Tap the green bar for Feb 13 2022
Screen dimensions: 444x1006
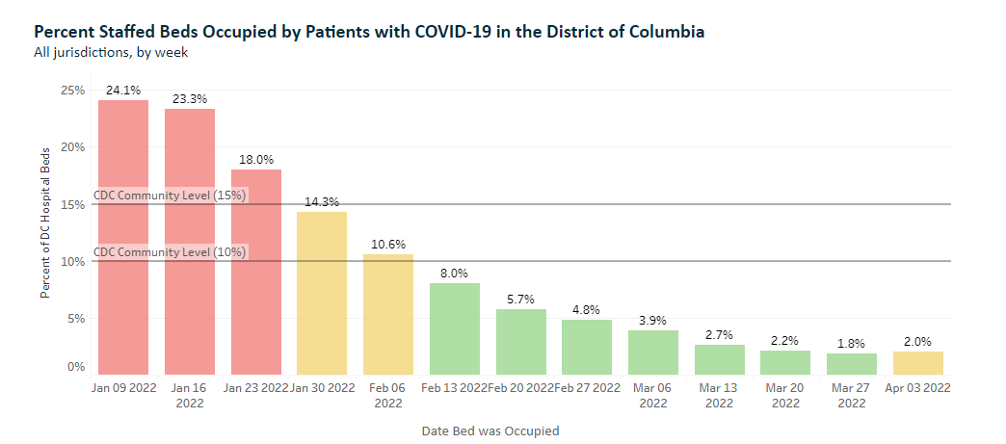[454, 328]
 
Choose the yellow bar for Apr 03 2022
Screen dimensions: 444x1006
[917, 363]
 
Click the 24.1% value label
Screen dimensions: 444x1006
[122, 90]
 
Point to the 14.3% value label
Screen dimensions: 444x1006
[322, 201]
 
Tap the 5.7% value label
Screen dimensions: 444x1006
[520, 300]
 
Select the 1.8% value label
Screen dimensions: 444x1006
[851, 343]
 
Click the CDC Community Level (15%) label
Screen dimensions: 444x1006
[171, 196]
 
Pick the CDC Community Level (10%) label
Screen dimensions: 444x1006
[171, 252]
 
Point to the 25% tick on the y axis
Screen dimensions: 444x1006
[73, 91]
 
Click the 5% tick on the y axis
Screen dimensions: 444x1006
[76, 318]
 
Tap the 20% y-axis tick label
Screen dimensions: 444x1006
[73, 147]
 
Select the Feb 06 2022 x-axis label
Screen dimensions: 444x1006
[387, 395]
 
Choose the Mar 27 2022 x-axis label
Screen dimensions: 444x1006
[851, 395]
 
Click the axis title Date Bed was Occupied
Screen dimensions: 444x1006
[490, 431]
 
